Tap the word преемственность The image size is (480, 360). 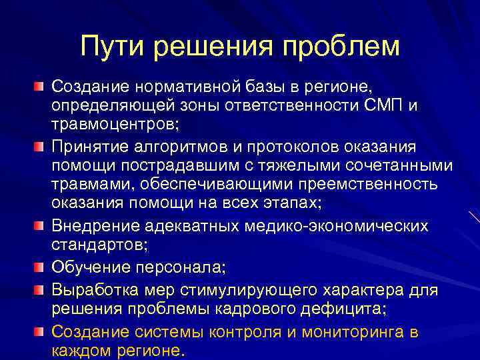[x=362, y=185]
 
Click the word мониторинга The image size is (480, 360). [x=337, y=331]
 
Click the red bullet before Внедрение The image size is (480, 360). [x=40, y=225]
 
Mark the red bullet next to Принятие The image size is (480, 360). [x=40, y=145]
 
